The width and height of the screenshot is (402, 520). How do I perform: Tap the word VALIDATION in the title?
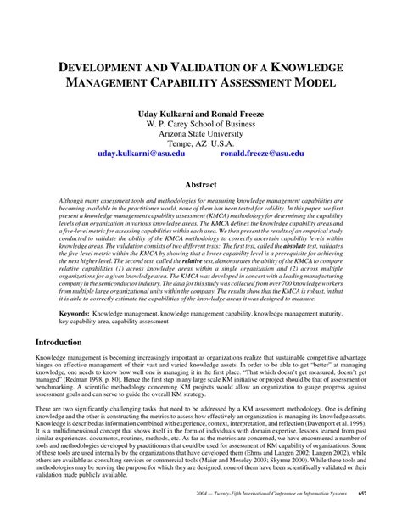pos(209,67)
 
